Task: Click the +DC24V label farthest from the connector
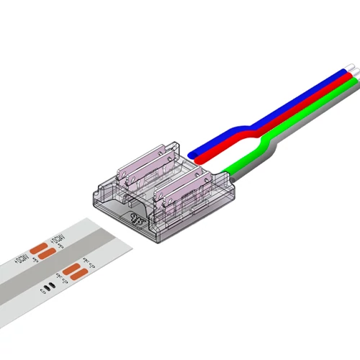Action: click(22, 257)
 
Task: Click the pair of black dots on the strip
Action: click(48, 287)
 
